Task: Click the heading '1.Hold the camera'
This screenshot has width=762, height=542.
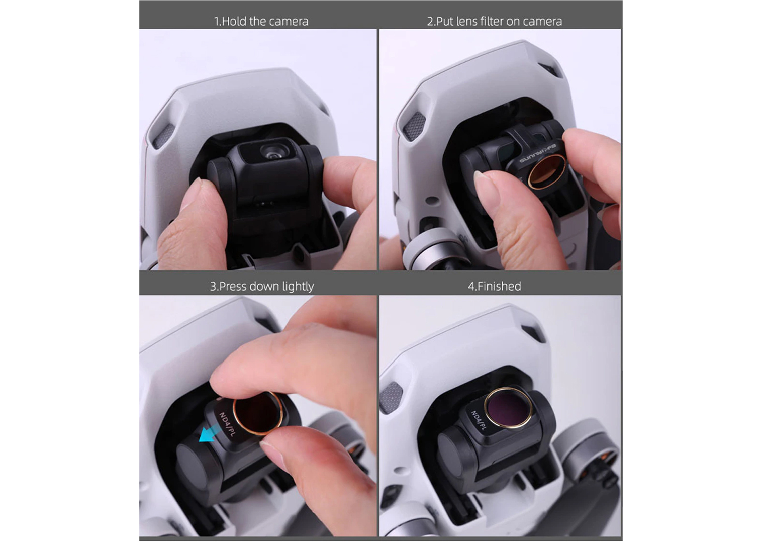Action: point(261,21)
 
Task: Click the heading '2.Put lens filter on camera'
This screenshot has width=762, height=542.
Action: point(494,21)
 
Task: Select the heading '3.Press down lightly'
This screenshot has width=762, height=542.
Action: point(261,286)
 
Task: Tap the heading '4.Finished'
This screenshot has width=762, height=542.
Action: point(494,286)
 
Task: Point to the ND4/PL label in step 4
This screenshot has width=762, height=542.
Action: point(479,421)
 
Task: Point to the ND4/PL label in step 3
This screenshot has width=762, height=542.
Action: point(227,424)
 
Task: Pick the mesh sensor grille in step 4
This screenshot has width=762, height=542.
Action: point(391,397)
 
